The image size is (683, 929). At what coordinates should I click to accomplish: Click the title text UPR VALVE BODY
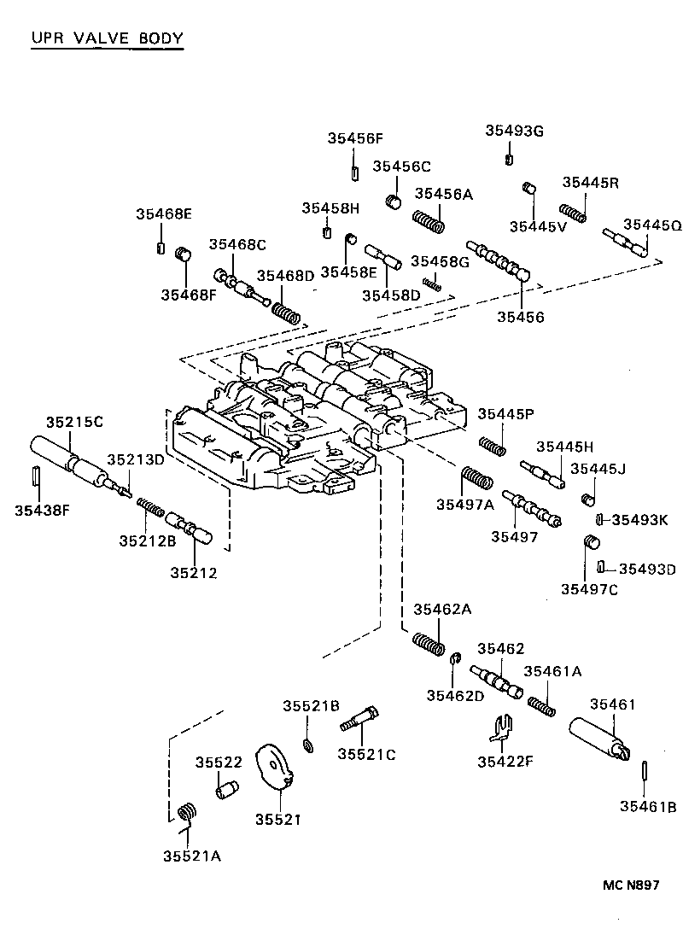coord(107,38)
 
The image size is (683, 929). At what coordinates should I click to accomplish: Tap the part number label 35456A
coord(443,194)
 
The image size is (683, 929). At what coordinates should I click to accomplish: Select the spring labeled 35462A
coord(429,644)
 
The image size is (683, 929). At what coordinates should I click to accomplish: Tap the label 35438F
coord(42,511)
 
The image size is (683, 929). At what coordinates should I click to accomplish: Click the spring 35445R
coord(573,212)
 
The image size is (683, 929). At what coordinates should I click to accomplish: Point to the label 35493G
coord(514,131)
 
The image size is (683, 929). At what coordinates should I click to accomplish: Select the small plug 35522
coord(226,790)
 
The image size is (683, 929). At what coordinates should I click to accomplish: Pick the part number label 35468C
coord(237,245)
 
